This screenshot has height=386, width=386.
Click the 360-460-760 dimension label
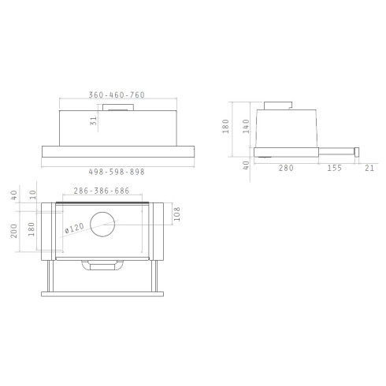[116, 95]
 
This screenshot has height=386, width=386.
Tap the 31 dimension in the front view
[94, 121]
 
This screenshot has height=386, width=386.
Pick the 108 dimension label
[176, 215]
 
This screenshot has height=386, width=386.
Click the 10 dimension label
[34, 193]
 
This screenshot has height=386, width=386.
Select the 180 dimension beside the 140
[225, 126]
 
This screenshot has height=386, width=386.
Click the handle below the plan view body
[103, 267]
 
